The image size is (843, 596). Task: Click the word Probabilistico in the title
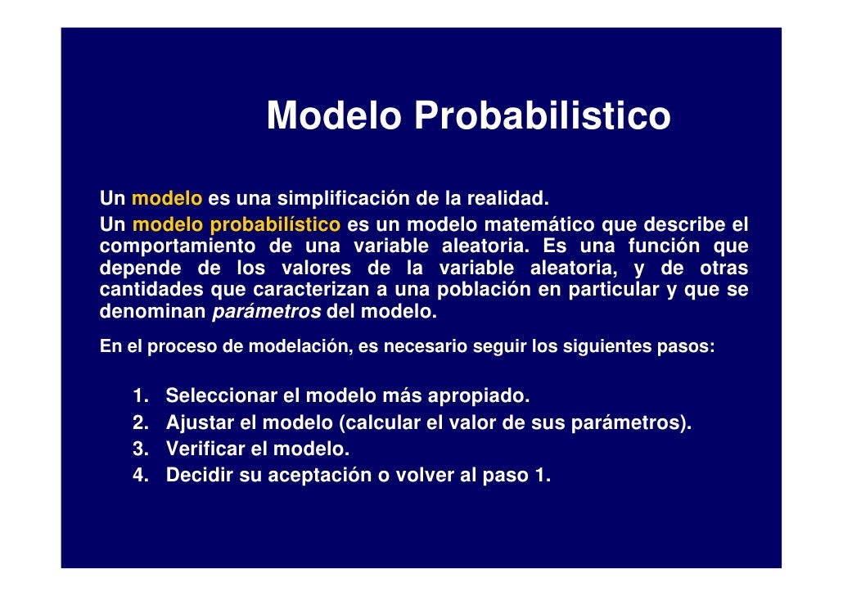point(542,116)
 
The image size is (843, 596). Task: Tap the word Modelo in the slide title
point(334,115)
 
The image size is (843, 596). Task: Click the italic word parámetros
point(267,312)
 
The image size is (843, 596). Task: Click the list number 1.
point(140,397)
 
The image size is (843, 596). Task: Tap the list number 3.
point(140,449)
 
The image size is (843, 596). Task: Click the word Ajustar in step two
point(196,423)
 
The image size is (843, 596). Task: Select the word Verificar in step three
point(203,449)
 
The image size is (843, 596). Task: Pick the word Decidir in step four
point(199,476)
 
